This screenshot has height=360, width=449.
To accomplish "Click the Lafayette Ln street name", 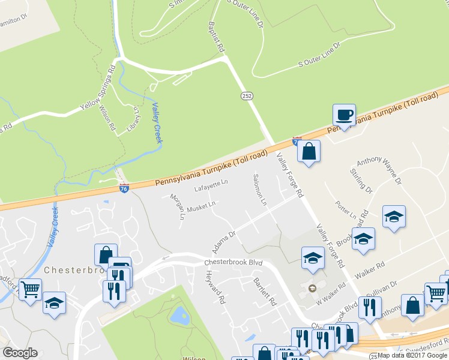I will coord(211,187).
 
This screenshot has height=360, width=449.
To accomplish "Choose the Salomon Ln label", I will coord(259,190).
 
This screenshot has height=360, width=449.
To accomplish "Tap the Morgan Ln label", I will coord(176,206).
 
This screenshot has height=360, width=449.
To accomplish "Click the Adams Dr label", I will coord(222,241).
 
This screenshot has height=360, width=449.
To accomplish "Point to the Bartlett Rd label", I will coord(264,291).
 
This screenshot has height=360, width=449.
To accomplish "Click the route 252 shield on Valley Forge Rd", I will coord(247,96).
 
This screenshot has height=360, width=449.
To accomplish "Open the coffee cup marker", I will coord(344,115).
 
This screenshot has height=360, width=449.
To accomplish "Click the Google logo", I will coord(20,353).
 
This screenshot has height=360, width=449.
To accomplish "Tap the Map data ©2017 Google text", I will coord(412,355).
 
